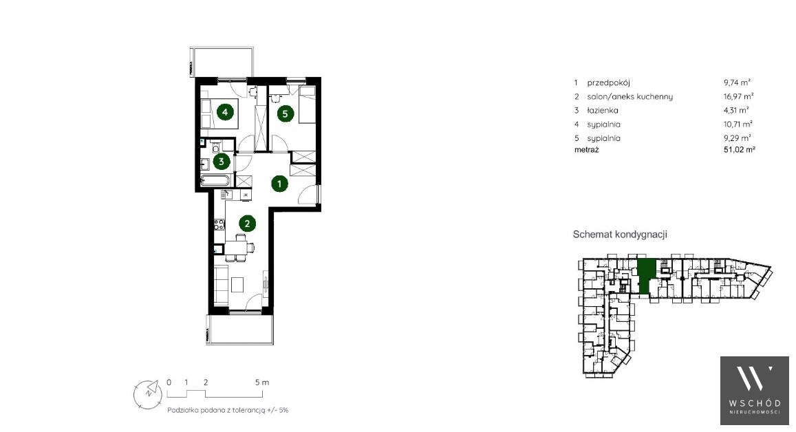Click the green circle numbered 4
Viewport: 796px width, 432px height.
225,111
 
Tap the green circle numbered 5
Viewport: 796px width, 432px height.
285,114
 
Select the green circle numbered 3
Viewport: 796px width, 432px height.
222,162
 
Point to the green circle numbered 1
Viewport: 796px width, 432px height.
279,183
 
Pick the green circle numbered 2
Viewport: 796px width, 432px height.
247,224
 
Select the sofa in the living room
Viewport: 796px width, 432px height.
221,285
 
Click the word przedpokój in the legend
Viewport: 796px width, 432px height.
608,83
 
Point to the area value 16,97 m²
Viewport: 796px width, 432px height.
739,96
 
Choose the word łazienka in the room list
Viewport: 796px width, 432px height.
603,110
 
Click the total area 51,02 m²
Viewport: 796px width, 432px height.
740,150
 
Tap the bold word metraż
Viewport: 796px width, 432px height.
587,150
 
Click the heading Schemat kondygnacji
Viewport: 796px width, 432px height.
620,235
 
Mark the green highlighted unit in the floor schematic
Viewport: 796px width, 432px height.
646,276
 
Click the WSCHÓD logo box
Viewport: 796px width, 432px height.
754,390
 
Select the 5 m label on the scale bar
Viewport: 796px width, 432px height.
262,382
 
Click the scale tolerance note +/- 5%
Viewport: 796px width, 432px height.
277,410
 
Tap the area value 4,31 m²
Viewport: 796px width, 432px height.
737,110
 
